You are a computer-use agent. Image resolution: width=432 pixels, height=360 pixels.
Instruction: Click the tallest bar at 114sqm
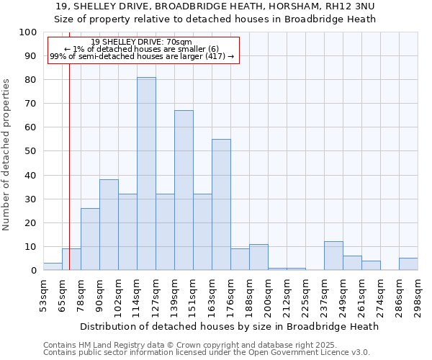click(146, 174)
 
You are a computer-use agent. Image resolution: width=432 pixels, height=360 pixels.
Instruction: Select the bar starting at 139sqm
click(184, 190)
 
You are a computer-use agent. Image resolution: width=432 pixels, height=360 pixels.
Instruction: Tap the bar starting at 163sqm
click(221, 204)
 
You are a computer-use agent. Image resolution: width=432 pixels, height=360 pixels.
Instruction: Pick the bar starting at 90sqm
click(109, 225)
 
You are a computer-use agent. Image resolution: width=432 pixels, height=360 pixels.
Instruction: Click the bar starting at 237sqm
click(333, 256)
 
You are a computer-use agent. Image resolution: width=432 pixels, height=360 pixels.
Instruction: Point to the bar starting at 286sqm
click(408, 264)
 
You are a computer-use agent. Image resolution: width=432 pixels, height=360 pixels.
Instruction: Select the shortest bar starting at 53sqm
click(53, 266)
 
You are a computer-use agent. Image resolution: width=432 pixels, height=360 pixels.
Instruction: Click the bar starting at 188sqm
click(258, 257)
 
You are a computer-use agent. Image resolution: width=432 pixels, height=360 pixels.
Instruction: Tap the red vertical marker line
click(69, 166)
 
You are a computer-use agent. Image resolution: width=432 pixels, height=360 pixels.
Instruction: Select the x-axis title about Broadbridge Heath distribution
click(229, 326)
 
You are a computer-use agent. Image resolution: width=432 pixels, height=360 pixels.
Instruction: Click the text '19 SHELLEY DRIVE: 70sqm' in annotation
click(142, 42)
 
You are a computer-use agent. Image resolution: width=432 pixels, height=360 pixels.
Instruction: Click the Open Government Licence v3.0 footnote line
click(207, 353)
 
